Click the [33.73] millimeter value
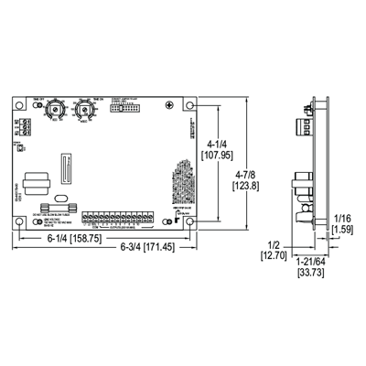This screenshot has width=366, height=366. click(x=308, y=272)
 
